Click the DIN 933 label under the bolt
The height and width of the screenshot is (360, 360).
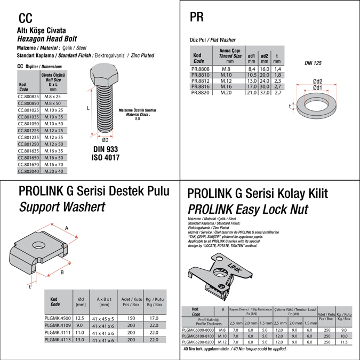[105, 149]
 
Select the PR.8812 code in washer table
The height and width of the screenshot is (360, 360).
[201, 81]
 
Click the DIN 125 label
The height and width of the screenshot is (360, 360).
[313, 63]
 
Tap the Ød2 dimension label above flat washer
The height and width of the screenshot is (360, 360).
[317, 81]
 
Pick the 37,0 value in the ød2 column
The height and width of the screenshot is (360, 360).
[265, 92]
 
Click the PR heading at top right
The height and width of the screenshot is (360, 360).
[196, 17]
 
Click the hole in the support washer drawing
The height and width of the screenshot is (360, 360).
[38, 245]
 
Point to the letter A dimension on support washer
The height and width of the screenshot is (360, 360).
[67, 228]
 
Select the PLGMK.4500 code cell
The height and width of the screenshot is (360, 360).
[57, 318]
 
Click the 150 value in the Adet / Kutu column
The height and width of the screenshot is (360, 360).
[131, 318]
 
